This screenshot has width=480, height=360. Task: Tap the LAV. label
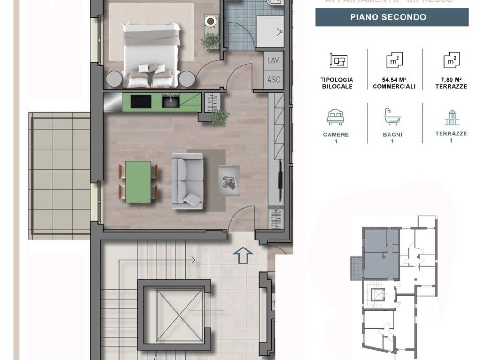(x=274, y=60)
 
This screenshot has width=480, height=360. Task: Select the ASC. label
(x=274, y=79)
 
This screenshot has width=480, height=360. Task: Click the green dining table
(x=138, y=181)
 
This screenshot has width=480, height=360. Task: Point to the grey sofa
(x=187, y=180)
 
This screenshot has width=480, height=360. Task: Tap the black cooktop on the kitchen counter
(x=141, y=101)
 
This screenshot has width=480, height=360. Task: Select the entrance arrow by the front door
(x=243, y=255)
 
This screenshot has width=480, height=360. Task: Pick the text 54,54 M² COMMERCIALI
(x=394, y=83)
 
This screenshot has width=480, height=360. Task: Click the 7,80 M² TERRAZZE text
(x=451, y=83)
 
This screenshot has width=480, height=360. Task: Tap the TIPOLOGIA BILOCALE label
(x=337, y=83)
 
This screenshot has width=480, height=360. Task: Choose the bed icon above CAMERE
(x=337, y=117)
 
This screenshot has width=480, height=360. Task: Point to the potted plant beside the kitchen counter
(x=219, y=117)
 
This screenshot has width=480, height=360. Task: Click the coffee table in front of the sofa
(x=229, y=180)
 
